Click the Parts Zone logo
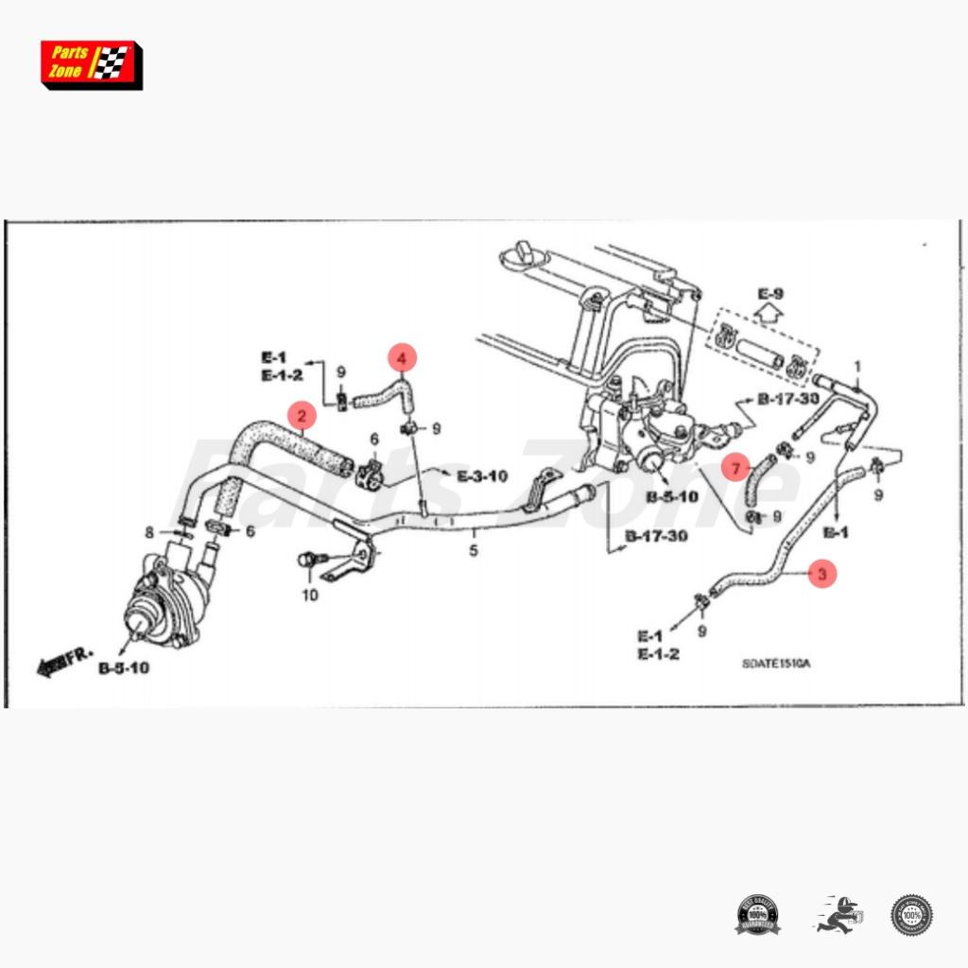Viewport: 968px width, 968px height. point(91,64)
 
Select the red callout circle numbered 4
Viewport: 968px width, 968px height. point(402,358)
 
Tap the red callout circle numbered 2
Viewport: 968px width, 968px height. point(302,415)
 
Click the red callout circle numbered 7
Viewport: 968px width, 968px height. point(736,467)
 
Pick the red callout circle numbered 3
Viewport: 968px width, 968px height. point(821,573)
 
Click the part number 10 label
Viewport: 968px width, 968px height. point(310,595)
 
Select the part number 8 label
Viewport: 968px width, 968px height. point(149,533)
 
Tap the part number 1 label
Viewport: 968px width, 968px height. point(857,366)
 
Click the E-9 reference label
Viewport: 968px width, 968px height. point(771,293)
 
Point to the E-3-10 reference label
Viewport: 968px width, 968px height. point(482,476)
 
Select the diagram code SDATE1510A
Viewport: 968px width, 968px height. point(775,664)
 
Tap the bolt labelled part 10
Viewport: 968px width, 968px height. point(306,560)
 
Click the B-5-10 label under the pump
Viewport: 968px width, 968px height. point(123,667)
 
